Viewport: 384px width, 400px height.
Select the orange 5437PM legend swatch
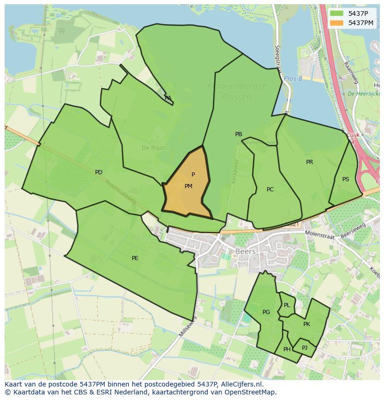pyautogui.click(x=337, y=23)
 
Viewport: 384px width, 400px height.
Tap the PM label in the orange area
pyautogui.click(x=188, y=186)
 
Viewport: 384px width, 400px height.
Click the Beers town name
pyautogui.click(x=245, y=251)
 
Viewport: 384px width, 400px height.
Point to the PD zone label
pyautogui.click(x=99, y=172)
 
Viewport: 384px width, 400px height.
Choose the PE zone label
pyautogui.click(x=135, y=258)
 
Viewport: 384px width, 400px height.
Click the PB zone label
pyautogui.click(x=238, y=134)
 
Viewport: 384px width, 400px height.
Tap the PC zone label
pyautogui.click(x=270, y=190)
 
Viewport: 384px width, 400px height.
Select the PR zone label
pyautogui.click(x=309, y=162)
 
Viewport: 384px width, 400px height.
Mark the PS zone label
pyautogui.click(x=346, y=179)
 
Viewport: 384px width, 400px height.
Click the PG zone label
pyautogui.click(x=266, y=312)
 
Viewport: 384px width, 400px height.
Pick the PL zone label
pyautogui.click(x=287, y=305)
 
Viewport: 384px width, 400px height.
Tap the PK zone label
pyautogui.click(x=307, y=324)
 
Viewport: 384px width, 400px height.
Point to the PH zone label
pyautogui.click(x=287, y=349)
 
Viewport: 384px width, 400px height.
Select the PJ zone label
pyautogui.click(x=305, y=348)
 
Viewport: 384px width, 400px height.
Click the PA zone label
pyautogui.click(x=168, y=98)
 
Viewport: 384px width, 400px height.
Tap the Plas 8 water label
pyautogui.click(x=293, y=79)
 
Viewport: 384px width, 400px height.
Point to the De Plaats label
pyautogui.click(x=154, y=148)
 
